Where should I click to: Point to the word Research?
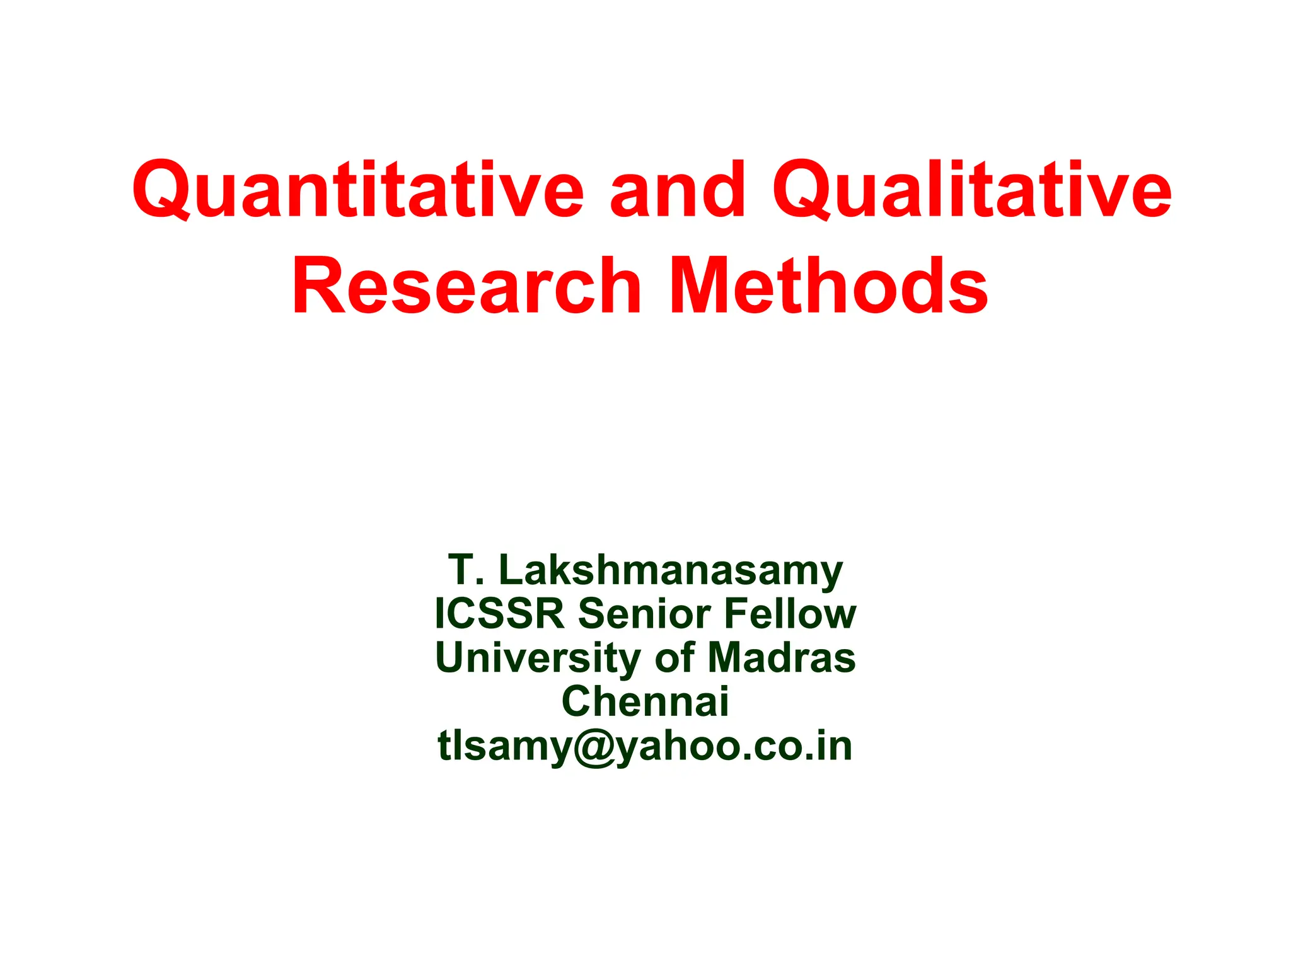point(466,287)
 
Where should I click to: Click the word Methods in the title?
point(828,287)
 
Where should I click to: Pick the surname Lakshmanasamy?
point(671,571)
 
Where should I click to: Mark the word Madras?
point(782,658)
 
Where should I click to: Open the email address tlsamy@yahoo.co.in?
point(645,746)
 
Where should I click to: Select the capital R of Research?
point(319,287)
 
